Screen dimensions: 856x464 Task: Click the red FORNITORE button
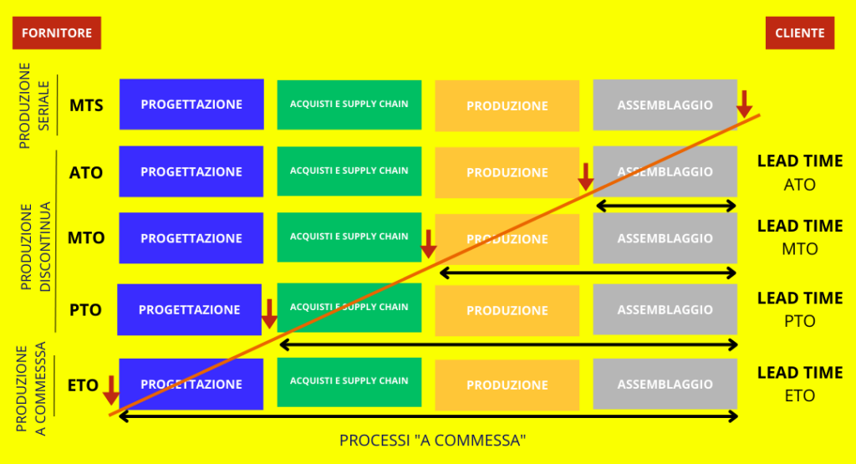pyautogui.click(x=57, y=33)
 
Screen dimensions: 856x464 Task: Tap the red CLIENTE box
pyautogui.click(x=800, y=33)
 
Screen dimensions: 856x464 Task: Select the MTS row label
pyautogui.click(x=86, y=105)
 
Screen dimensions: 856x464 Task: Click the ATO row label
pyautogui.click(x=86, y=172)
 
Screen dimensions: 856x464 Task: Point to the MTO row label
pyautogui.click(x=86, y=238)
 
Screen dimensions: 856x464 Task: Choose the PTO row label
pyautogui.click(x=86, y=310)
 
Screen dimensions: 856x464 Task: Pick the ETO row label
pyautogui.click(x=83, y=385)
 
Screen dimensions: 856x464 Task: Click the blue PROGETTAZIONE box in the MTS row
pyautogui.click(x=191, y=105)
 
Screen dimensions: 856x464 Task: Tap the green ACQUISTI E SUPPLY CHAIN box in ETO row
pyautogui.click(x=349, y=382)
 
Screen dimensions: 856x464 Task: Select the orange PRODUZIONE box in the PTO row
pyautogui.click(x=507, y=310)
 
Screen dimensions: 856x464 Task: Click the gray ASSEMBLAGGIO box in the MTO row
pyautogui.click(x=665, y=238)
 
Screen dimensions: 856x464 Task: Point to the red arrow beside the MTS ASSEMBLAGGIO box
pyautogui.click(x=744, y=105)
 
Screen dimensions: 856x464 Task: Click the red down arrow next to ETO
pyautogui.click(x=111, y=390)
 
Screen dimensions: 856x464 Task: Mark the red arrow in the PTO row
pyautogui.click(x=269, y=314)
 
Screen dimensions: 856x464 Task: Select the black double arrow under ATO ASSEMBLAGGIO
pyautogui.click(x=666, y=206)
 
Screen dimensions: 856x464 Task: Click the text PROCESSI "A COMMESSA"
pyautogui.click(x=432, y=440)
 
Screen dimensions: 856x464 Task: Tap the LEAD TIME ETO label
pyautogui.click(x=800, y=384)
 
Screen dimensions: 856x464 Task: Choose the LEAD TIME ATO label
pyautogui.click(x=800, y=172)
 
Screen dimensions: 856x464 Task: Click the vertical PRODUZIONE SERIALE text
pyautogui.click(x=33, y=105)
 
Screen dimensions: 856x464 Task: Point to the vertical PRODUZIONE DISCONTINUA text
pyautogui.click(x=35, y=247)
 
